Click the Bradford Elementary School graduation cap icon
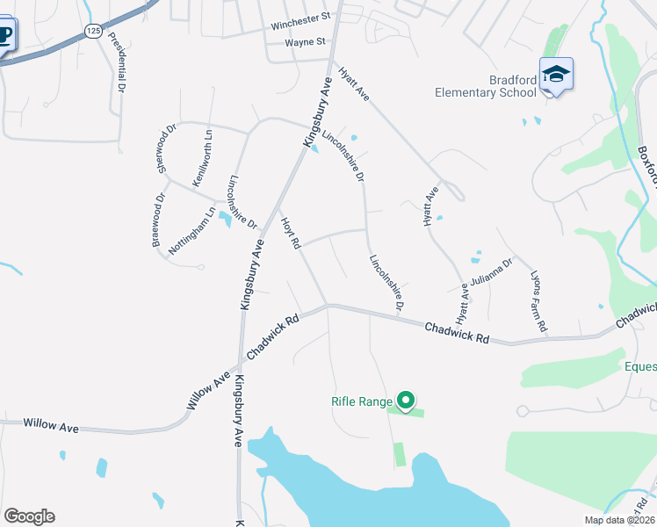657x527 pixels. tap(556, 74)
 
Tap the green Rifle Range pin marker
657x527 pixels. tap(405, 401)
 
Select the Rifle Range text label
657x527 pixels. tap(361, 401)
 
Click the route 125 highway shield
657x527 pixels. tap(93, 31)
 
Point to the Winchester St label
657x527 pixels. tap(300, 17)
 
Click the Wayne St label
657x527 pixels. tap(305, 41)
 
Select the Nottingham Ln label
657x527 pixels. tap(192, 230)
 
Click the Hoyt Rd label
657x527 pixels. tap(291, 231)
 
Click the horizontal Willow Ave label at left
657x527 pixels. tap(51, 426)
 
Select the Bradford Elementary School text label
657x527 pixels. tap(487, 86)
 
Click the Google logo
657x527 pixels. tap(29, 516)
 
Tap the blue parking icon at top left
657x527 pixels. tap(4, 36)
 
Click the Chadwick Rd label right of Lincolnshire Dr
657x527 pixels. tap(456, 331)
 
